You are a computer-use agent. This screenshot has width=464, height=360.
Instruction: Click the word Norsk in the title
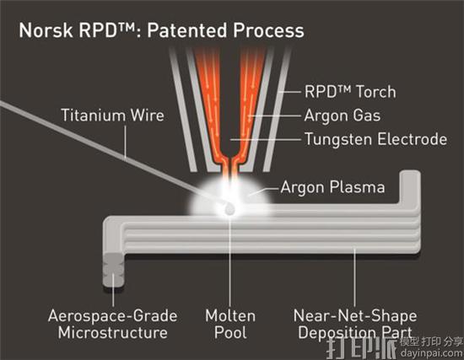(46, 30)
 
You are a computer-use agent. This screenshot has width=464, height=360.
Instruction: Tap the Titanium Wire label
(112, 115)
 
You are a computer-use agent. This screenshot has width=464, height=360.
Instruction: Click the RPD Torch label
(350, 91)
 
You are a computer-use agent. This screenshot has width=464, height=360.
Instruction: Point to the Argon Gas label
(343, 115)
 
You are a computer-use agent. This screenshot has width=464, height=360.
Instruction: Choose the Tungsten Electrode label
(375, 139)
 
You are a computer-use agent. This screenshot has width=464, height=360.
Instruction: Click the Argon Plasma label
(332, 187)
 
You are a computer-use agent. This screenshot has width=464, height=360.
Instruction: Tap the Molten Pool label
(230, 325)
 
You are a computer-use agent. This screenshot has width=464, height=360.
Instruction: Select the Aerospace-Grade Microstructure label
(113, 325)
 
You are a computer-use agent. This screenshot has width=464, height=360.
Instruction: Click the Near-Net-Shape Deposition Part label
(355, 325)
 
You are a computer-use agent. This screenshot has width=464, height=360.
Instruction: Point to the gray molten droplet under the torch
(229, 209)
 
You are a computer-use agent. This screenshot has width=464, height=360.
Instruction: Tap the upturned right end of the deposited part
(410, 190)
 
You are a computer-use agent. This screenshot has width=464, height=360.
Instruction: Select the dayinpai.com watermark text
(431, 352)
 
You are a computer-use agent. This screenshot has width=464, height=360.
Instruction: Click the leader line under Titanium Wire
(126, 142)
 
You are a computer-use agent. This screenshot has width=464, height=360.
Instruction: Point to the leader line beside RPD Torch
(289, 92)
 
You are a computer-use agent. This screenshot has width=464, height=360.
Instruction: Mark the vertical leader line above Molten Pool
(230, 261)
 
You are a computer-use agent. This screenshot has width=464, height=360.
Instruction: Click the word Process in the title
(268, 30)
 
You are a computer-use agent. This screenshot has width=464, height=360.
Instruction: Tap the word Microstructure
(113, 332)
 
